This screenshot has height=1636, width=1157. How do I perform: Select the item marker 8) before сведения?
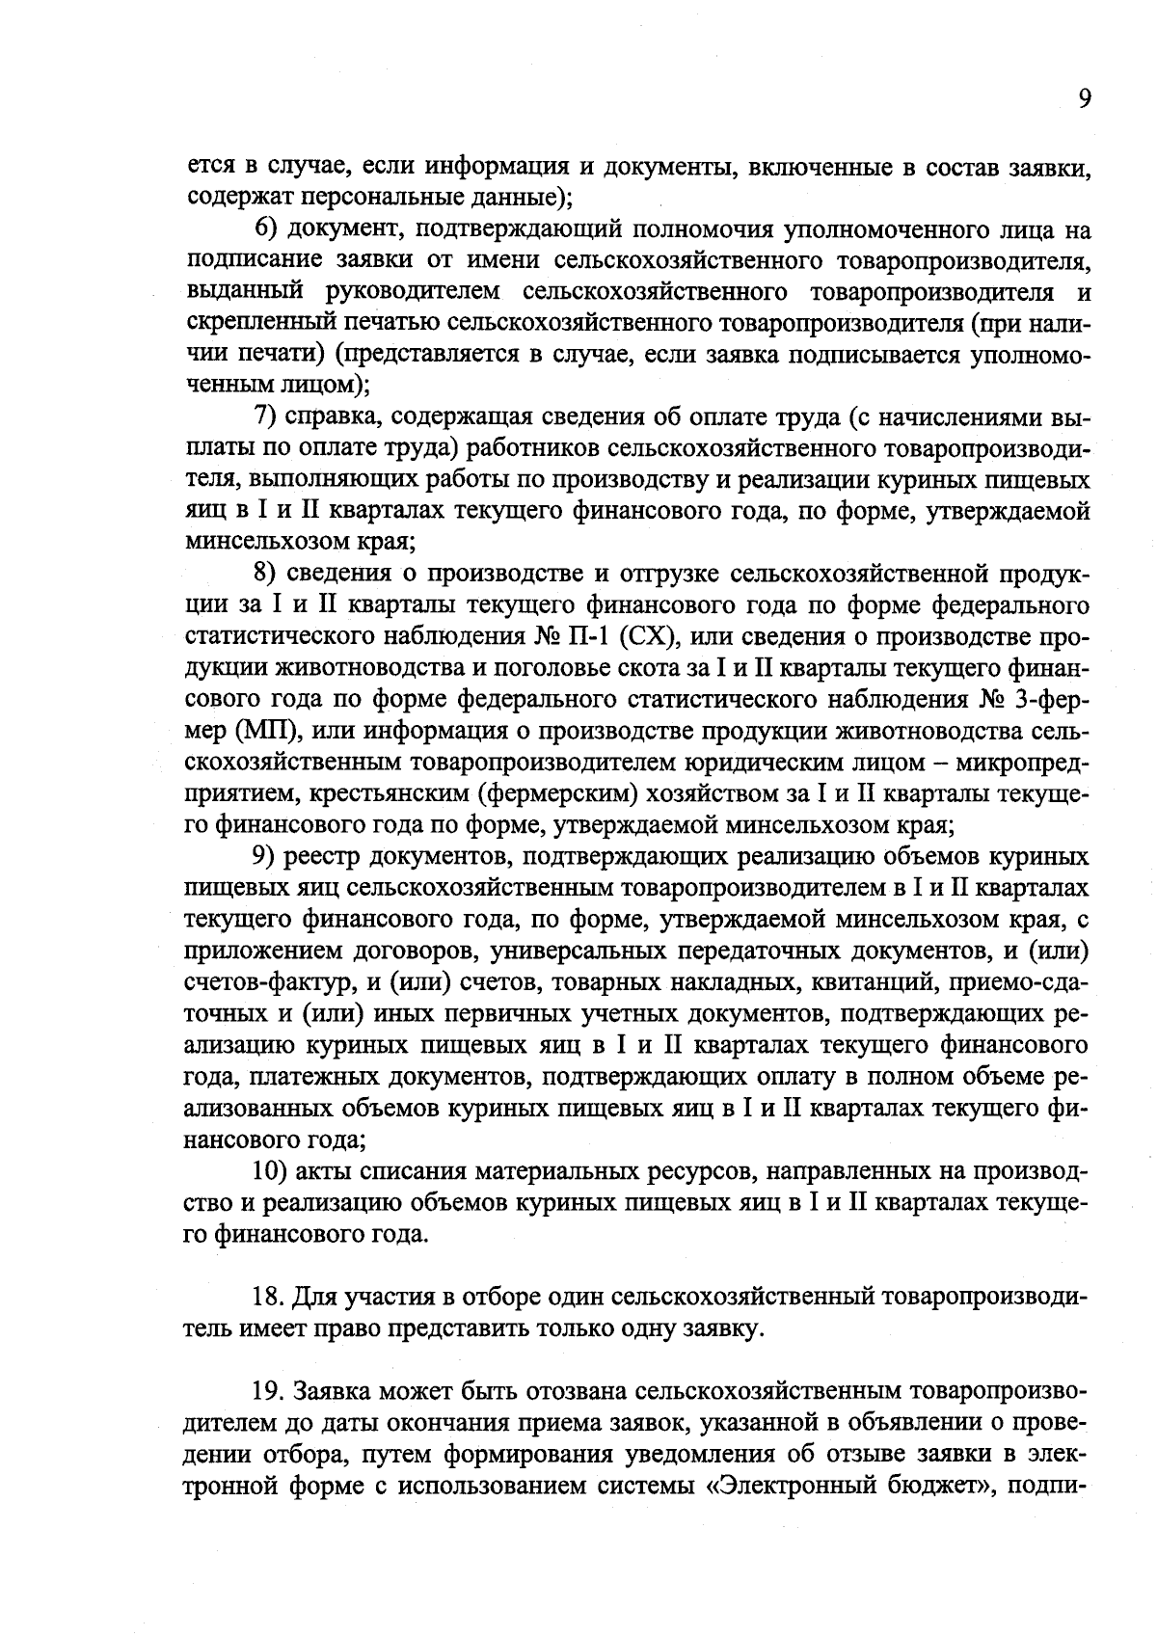click(x=266, y=574)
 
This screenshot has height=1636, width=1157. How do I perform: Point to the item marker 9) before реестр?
click(x=266, y=856)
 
